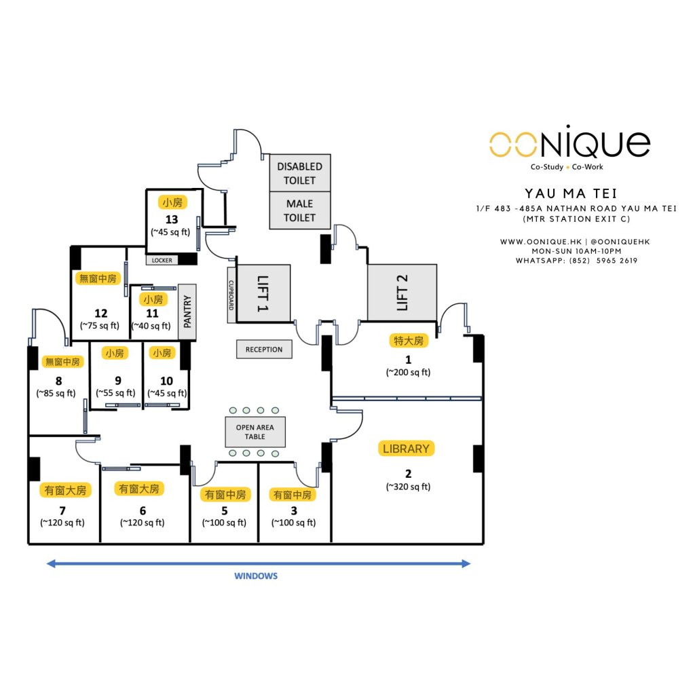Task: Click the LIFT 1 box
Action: pos(263,293)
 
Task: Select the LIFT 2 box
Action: pos(402,293)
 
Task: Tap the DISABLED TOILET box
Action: pos(299,172)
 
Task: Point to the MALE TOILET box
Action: pos(299,210)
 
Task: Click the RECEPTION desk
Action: pos(264,350)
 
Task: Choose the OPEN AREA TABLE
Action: pos(255,432)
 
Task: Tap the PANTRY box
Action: pos(187,312)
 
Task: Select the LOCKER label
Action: pos(162,260)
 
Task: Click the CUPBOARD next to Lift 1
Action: pos(231,292)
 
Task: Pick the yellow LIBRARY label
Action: pos(406,449)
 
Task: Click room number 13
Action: pos(172,219)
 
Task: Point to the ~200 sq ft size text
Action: pos(408,372)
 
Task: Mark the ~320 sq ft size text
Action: pos(408,487)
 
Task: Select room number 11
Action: pos(152,313)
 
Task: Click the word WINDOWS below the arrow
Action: pos(256,576)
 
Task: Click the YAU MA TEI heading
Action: pos(570,194)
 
